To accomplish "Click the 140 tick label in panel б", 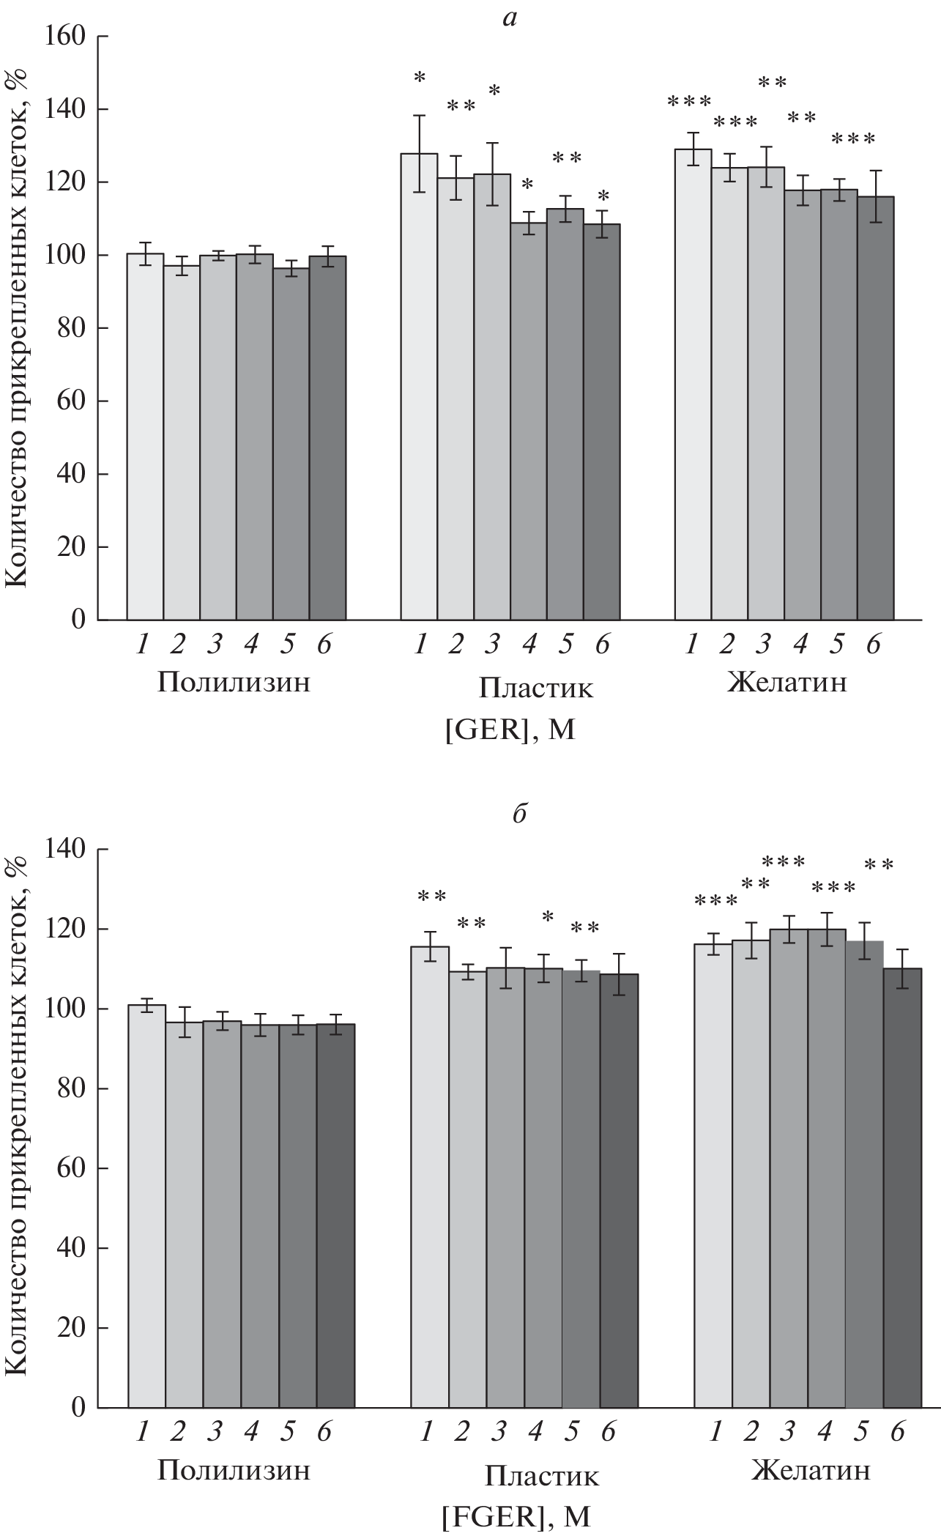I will [69, 850].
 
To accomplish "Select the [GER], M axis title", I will [510, 730].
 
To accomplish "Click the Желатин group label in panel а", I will [786, 683].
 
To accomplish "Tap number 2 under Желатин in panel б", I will [750, 1432].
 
